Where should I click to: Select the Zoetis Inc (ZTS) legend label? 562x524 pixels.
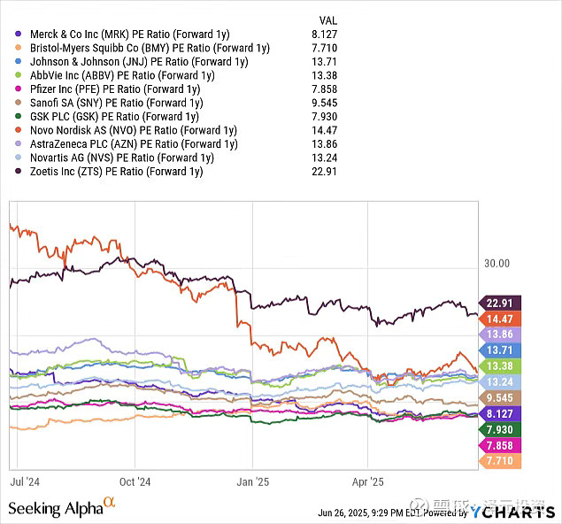click(116, 171)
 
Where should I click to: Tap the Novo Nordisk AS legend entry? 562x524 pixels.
click(133, 131)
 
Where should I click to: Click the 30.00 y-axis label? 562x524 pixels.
click(497, 263)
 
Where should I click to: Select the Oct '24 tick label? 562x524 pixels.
click(135, 482)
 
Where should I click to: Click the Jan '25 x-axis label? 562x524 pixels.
click(251, 482)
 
